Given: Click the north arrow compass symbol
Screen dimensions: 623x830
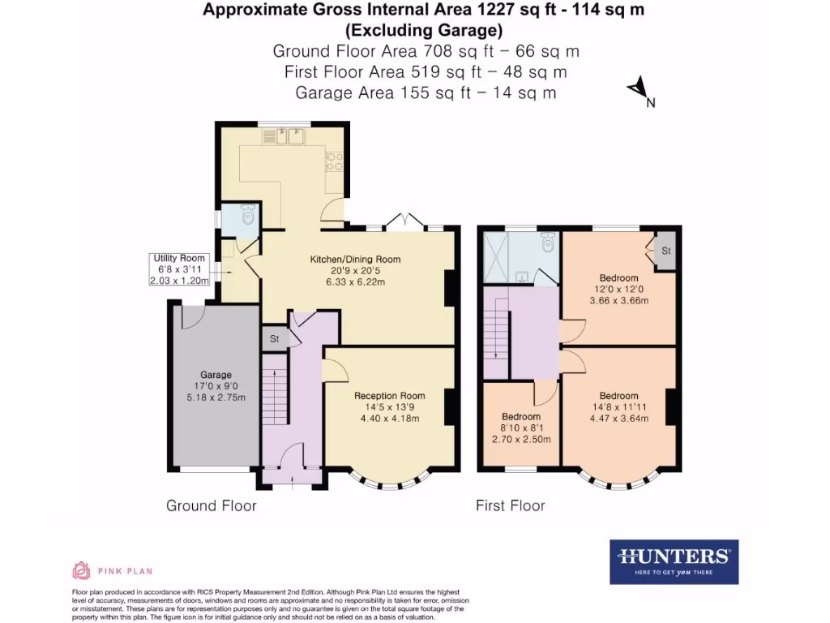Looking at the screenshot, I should (640, 90).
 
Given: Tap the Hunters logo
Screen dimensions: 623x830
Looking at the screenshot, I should (674, 561).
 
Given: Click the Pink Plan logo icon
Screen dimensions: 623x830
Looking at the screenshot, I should (81, 570).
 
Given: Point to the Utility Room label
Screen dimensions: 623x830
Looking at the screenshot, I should (180, 259).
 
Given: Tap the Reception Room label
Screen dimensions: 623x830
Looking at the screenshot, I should (386, 396).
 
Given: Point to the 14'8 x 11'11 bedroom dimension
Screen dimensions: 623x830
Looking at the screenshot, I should (618, 408).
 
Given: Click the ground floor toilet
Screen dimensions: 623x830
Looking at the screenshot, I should (248, 217).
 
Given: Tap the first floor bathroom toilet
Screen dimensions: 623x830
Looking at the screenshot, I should (549, 243).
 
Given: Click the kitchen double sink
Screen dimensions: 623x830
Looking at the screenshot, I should (289, 136).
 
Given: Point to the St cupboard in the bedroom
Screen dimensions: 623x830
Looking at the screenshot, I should (666, 251).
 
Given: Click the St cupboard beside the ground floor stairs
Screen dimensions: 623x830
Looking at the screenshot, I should (274, 338).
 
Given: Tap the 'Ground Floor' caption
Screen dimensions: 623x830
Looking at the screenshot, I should (212, 506).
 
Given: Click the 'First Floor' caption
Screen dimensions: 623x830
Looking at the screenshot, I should (510, 506).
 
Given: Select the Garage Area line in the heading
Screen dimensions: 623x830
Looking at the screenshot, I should (426, 92).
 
